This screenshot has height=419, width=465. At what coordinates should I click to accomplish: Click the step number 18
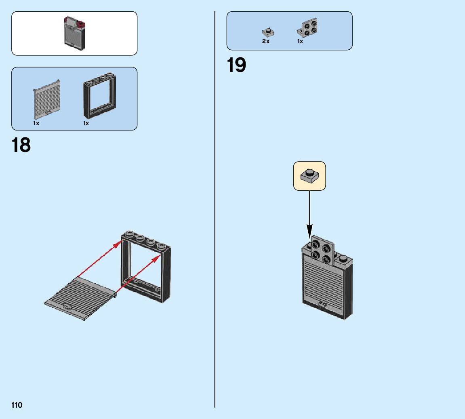tap(21, 145)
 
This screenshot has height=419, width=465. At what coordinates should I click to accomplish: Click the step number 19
tap(236, 65)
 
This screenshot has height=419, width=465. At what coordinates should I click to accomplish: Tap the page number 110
tap(17, 405)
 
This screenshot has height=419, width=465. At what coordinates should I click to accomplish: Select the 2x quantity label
tap(265, 41)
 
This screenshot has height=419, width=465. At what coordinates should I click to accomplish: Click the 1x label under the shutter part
tap(36, 123)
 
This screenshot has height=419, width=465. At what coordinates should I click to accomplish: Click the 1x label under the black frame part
tap(86, 123)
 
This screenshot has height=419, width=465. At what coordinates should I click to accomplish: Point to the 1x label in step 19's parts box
tap(300, 41)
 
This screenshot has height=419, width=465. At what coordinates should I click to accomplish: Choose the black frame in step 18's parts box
tap(99, 95)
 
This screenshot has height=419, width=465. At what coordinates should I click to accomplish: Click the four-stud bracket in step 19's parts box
tap(308, 27)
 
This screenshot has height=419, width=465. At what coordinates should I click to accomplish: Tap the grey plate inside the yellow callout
tap(309, 176)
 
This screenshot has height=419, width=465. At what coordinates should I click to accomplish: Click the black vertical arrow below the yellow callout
tap(309, 214)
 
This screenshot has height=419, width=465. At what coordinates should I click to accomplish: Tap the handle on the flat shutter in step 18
tap(67, 306)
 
